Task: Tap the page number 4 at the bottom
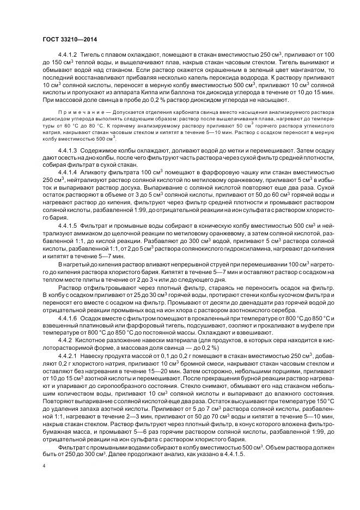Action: [44, 466]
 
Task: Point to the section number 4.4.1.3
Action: [68, 149]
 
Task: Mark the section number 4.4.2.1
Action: [68, 356]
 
